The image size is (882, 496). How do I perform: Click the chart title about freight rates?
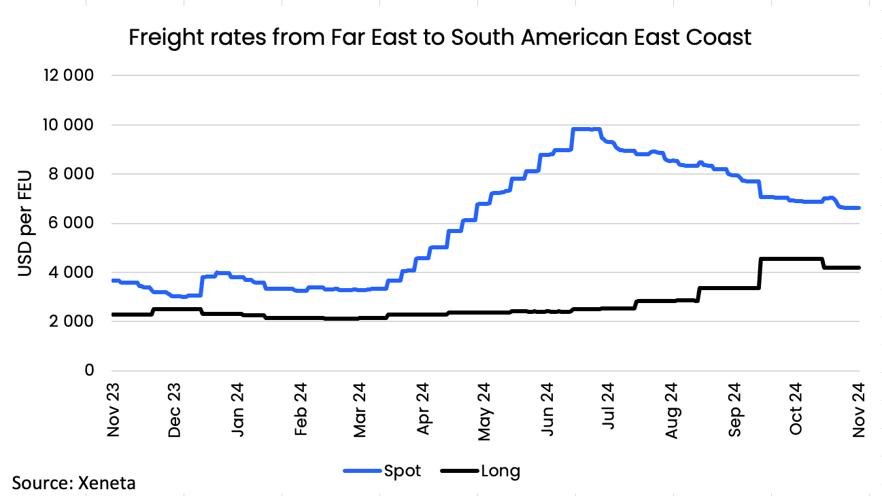[x=440, y=37]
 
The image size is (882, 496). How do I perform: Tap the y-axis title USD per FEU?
[x=25, y=224]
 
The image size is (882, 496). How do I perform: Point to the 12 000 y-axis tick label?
[x=68, y=76]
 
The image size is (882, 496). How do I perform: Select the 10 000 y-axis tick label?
[x=68, y=125]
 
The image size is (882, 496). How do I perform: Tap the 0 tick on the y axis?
[x=88, y=371]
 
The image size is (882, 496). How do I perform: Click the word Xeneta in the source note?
[x=107, y=484]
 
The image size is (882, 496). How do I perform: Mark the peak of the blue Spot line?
[x=585, y=129]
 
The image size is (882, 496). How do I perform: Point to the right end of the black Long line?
[x=860, y=268]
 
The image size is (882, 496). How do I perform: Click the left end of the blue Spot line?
[x=113, y=281]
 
